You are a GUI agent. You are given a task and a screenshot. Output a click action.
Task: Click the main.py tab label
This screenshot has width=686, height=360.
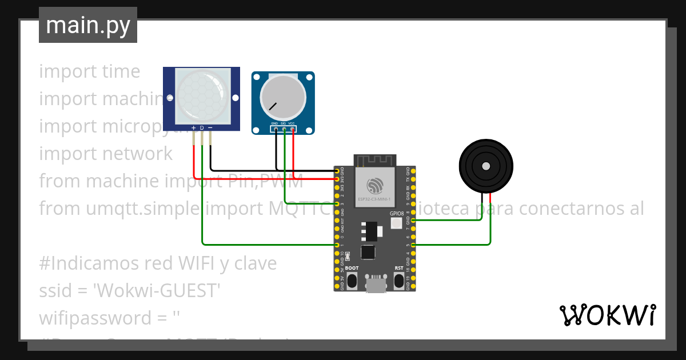click(x=88, y=25)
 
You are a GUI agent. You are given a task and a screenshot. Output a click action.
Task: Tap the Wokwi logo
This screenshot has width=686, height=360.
click(x=607, y=315)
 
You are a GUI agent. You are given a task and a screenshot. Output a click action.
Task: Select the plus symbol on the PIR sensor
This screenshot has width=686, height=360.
click(x=194, y=127)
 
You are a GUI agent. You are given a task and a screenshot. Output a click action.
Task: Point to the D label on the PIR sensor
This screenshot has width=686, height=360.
click(x=202, y=127)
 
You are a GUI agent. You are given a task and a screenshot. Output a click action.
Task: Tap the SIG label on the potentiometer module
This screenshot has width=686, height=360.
click(x=283, y=123)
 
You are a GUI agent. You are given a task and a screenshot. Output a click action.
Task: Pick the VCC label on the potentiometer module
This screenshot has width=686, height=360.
click(x=292, y=123)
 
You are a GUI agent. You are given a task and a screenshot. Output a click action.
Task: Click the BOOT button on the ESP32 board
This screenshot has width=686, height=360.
click(x=352, y=280)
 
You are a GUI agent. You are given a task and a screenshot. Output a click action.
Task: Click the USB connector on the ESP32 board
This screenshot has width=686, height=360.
click(x=376, y=284)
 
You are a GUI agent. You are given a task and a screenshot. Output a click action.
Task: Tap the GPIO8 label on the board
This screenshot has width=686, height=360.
click(x=397, y=213)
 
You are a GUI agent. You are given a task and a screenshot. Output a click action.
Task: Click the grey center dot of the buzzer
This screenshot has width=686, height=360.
click(x=486, y=166)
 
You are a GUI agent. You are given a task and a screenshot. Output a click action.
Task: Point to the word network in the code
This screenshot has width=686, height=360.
click(x=138, y=154)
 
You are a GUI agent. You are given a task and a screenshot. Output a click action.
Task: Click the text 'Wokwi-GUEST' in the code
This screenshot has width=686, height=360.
click(x=157, y=291)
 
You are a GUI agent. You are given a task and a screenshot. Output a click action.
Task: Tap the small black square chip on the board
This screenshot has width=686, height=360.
click(x=368, y=252)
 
